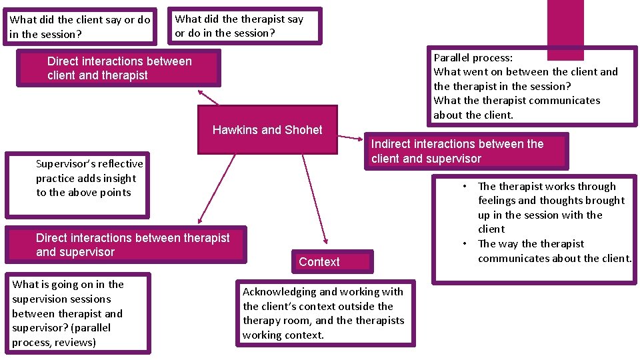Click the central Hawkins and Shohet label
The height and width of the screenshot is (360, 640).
[267, 130]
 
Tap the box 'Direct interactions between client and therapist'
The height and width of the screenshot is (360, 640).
[119, 68]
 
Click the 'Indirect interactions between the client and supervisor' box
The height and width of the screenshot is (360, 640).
[465, 151]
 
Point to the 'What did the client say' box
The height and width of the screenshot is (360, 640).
[79, 27]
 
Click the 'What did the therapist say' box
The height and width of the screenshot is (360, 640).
[244, 26]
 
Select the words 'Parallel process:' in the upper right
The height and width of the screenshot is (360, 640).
[473, 57]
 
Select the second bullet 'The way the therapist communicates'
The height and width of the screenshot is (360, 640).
[553, 251]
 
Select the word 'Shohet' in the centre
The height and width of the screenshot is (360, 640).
[302, 130]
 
